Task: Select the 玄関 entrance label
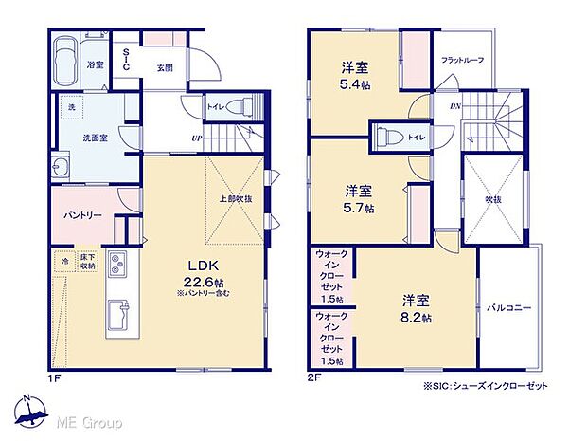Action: point(166,66)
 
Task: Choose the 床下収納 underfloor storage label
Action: point(87,261)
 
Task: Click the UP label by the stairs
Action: point(196,138)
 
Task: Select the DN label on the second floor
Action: point(454,106)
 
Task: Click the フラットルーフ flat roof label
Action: point(462,61)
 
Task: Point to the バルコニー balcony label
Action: point(509,308)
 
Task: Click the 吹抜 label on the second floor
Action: point(493,200)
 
